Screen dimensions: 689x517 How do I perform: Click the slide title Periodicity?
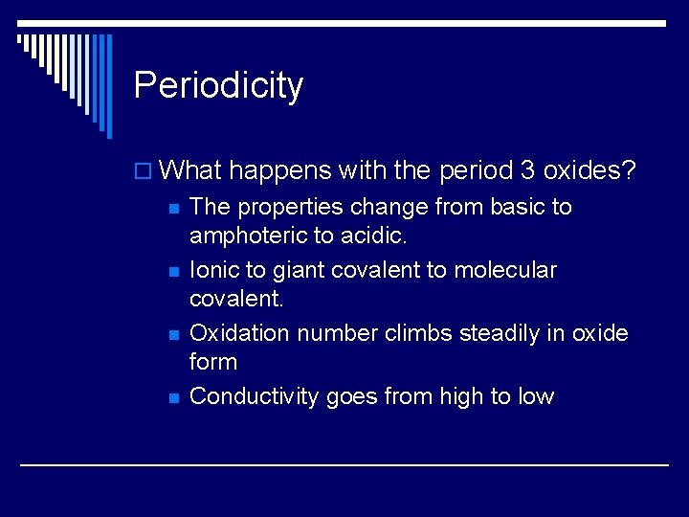coord(218,85)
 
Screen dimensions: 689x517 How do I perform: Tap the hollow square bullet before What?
coord(143,171)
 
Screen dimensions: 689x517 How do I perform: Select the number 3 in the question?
coord(527,169)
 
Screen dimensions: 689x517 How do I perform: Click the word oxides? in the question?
coord(589,169)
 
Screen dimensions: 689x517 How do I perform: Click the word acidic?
coord(373,236)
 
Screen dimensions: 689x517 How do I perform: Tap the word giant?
coord(299,271)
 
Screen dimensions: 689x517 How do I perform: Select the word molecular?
coord(505,269)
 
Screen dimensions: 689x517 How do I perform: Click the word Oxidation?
coord(239,333)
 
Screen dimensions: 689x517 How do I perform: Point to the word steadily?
coord(500,334)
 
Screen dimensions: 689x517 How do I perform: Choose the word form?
coord(213,362)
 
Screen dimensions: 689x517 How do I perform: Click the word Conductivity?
coord(254,397)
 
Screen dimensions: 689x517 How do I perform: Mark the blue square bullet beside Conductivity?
coord(174,398)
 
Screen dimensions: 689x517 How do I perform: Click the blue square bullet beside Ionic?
coord(174,272)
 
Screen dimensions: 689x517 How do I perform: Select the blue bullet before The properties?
coord(174,209)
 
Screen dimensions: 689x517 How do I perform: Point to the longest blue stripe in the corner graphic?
coord(109,86)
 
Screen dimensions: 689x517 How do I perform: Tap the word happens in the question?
coord(279,171)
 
